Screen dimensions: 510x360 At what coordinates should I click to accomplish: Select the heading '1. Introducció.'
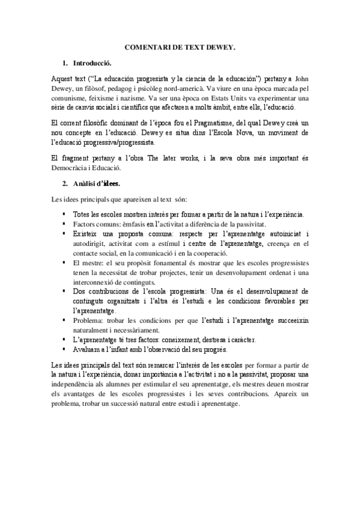[x=92, y=63]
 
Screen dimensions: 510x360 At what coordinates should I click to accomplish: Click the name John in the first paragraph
[x=304, y=79]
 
